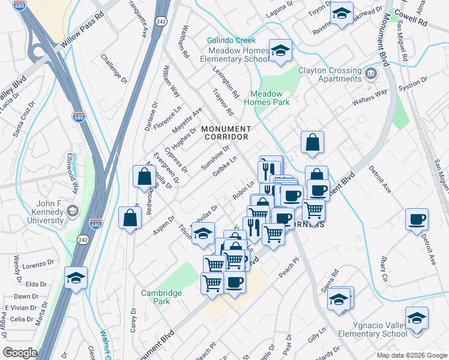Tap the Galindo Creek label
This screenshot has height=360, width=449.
tap(231, 40)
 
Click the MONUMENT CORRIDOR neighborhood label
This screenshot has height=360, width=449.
tap(226, 133)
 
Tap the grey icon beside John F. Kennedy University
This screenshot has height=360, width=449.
tap(73, 211)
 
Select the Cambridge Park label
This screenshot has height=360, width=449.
tap(161, 297)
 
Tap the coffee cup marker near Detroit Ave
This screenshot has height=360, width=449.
tap(417, 219)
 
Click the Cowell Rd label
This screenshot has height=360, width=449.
tap(414, 21)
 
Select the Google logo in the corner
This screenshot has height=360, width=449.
tap(20, 353)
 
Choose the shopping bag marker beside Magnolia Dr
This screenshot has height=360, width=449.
tap(144, 177)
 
